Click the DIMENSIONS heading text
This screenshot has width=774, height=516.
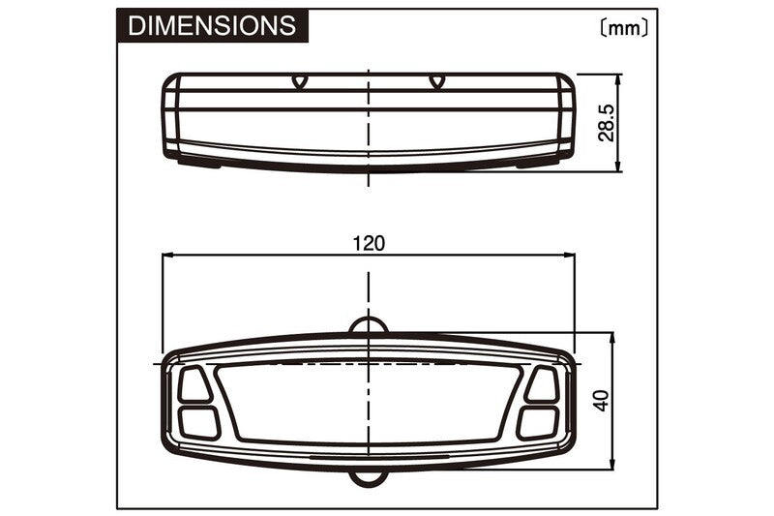coord(212,25)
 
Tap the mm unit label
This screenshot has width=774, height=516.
coord(624,28)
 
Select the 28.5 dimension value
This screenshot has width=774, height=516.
coord(607,123)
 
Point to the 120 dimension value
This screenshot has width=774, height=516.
coord(369,243)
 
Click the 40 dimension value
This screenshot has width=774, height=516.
coord(602,400)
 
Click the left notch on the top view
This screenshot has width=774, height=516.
coord(299,82)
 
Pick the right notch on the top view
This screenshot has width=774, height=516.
coord(436,82)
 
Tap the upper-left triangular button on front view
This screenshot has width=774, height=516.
coord(194,384)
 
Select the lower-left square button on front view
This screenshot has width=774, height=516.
coord(198,422)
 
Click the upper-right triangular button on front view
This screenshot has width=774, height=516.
coord(543,384)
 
